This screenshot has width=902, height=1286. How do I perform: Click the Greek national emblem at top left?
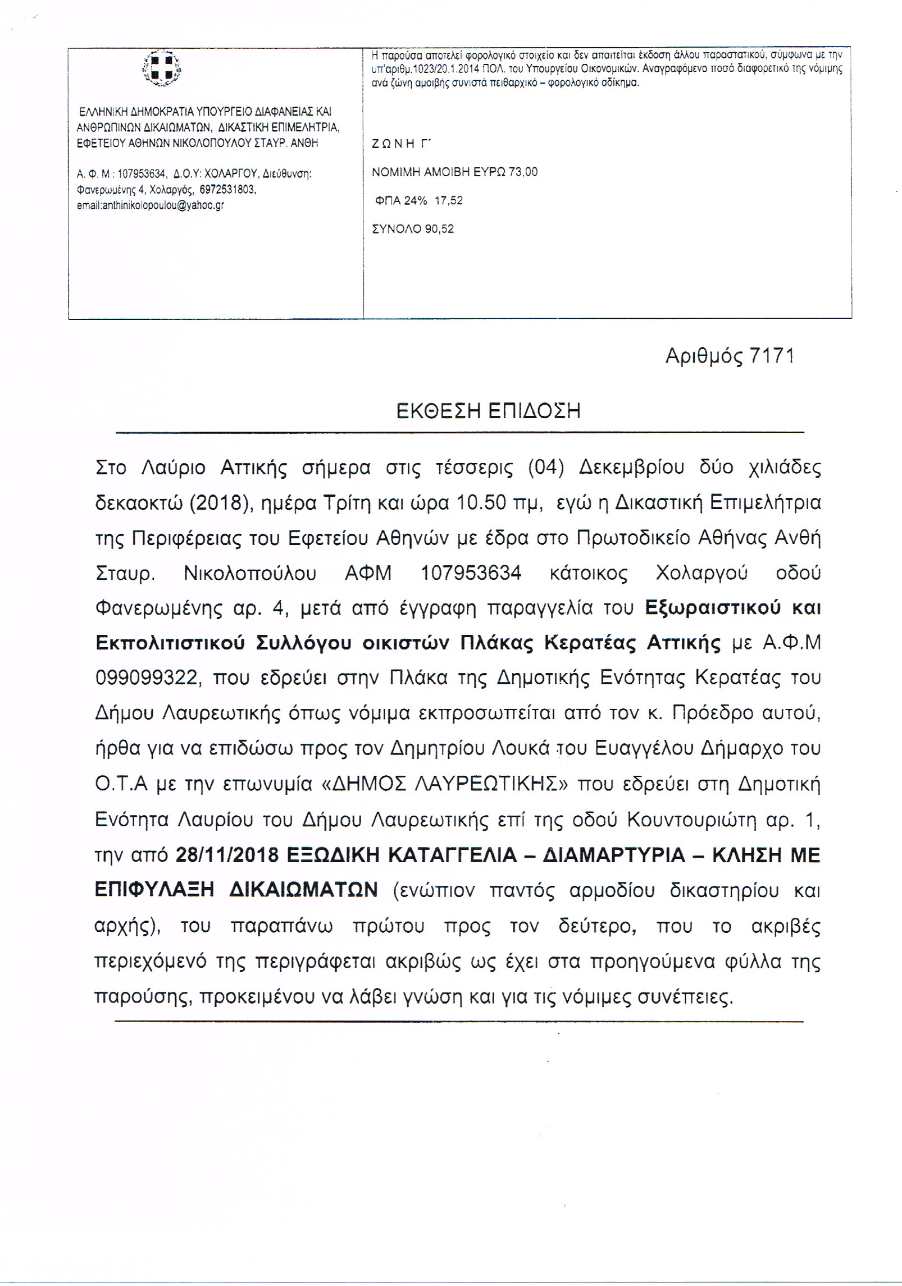(x=162, y=70)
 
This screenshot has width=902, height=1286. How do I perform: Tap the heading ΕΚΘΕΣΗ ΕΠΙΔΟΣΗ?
(x=489, y=411)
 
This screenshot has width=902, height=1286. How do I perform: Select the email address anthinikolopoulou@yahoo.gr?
(x=151, y=205)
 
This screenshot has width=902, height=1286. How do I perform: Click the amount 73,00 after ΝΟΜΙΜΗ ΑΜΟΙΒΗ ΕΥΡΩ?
(x=523, y=172)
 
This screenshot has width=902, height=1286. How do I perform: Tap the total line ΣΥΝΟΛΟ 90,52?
(x=413, y=229)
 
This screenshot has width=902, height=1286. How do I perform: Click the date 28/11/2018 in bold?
(x=227, y=855)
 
